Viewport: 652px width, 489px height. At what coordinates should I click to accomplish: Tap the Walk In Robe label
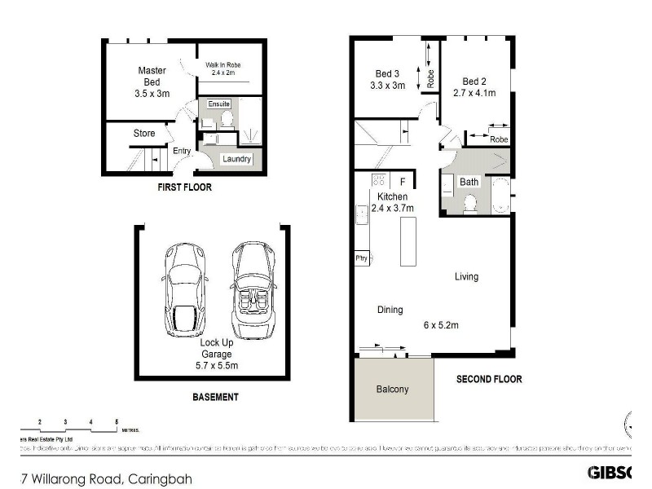222,65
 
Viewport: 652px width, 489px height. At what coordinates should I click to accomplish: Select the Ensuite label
219,104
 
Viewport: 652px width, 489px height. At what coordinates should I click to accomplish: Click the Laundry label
235,159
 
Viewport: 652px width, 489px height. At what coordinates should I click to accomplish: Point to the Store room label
144,134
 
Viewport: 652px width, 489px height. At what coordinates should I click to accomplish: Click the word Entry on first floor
181,151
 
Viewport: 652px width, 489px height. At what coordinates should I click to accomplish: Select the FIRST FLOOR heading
184,187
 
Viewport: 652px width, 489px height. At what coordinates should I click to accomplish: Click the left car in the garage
186,289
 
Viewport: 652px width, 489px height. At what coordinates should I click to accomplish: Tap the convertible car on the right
253,289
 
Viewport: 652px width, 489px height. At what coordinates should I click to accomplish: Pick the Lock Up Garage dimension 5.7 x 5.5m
217,366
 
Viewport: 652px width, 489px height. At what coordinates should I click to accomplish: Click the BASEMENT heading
216,398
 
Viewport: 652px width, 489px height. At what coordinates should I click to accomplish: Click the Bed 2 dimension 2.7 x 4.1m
474,94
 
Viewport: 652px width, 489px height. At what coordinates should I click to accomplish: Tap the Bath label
469,182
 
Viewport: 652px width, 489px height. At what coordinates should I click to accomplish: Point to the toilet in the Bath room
469,206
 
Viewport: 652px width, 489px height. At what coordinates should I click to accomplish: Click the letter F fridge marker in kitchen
403,181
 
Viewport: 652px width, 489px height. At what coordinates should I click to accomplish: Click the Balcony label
392,390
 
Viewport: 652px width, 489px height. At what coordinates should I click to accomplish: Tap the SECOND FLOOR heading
489,379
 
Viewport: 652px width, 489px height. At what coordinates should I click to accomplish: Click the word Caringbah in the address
160,479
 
